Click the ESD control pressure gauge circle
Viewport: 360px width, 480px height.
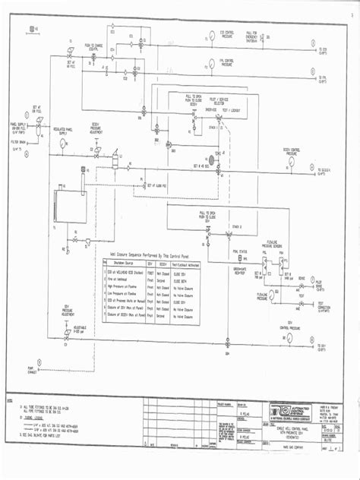[x=210, y=34]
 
